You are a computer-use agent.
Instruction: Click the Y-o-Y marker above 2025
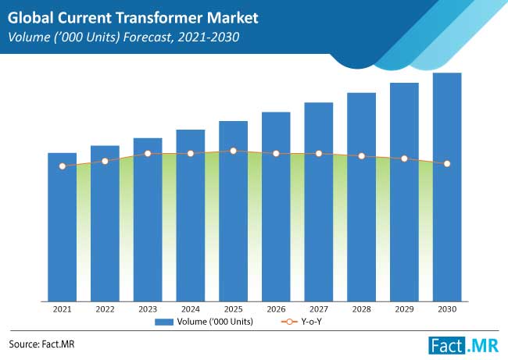233,150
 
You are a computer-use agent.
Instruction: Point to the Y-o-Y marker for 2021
63,166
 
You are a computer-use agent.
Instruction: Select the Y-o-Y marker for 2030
447,164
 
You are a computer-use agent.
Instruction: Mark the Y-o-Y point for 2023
148,153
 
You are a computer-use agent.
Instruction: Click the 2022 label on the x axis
105,309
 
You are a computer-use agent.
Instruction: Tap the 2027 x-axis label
318,309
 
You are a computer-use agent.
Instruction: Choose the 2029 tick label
404,309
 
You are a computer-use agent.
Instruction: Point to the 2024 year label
190,309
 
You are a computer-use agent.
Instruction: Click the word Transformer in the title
159,16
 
